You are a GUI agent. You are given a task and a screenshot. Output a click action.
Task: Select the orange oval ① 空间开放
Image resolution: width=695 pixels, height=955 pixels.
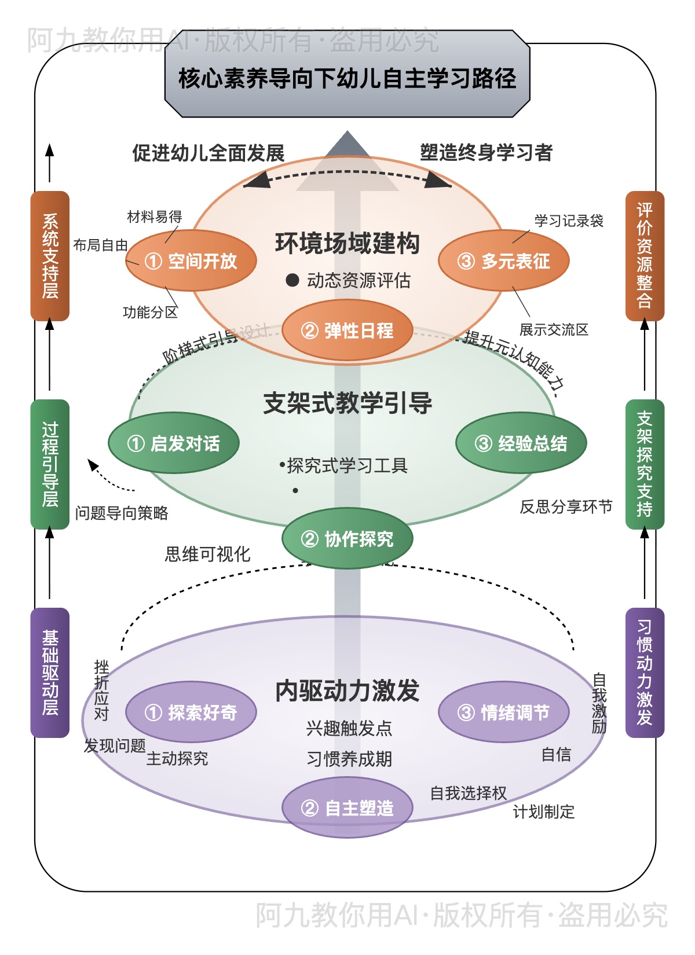tap(191, 261)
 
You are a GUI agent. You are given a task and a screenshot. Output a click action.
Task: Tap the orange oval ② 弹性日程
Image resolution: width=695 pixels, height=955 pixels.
tap(348, 330)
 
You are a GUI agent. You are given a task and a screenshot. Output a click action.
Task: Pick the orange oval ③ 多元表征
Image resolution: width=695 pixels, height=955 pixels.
tap(504, 261)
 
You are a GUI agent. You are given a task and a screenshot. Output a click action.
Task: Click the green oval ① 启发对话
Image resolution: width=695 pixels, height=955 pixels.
tap(174, 443)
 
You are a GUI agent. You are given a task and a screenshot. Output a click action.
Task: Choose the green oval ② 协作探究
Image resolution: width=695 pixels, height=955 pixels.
tap(348, 539)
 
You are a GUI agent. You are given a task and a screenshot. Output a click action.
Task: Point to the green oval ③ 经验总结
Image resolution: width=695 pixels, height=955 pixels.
tap(521, 443)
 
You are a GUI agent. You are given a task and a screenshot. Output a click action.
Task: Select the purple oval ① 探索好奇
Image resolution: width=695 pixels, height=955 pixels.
tap(191, 712)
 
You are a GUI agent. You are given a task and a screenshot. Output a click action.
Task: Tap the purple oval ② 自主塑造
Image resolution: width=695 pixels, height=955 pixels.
tap(348, 808)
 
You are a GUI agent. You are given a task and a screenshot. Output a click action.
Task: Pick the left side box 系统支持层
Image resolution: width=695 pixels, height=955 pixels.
tap(50, 256)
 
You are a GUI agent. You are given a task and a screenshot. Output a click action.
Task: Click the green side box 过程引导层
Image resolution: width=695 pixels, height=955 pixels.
tap(50, 464)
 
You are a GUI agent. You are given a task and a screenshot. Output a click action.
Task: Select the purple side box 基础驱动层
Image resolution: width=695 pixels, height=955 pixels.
tap(50, 673)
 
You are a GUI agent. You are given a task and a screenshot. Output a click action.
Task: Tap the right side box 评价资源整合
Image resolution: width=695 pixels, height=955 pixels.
tap(645, 256)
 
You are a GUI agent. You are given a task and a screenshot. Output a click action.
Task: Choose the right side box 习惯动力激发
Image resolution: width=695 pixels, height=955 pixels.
tap(645, 673)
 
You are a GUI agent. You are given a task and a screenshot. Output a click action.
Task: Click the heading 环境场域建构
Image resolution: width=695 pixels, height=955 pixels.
tap(348, 243)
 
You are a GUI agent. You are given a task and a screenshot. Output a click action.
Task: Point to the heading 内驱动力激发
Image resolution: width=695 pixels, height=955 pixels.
tap(348, 690)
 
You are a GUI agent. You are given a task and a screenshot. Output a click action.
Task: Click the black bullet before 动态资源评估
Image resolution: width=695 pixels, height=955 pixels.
tap(292, 281)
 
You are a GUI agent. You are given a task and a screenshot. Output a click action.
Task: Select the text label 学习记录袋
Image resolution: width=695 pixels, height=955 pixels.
tap(569, 221)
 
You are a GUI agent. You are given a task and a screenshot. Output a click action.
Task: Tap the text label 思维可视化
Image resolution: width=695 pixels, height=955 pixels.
tap(208, 554)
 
